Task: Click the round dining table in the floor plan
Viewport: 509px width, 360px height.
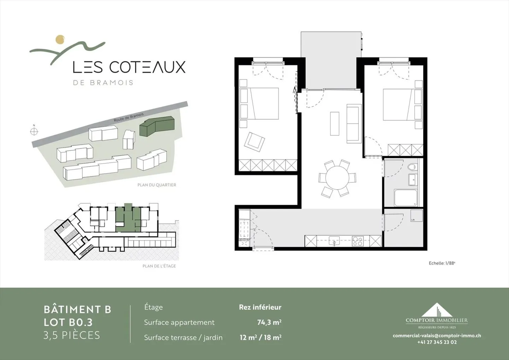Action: tap(337, 178)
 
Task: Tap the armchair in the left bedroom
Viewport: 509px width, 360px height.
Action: tap(255, 142)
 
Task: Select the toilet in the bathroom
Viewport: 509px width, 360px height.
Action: tap(412, 167)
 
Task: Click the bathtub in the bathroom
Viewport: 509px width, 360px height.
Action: tap(406, 198)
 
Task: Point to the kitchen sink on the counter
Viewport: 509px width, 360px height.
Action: tap(334, 241)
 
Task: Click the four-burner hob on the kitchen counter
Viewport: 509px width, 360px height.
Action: tap(357, 241)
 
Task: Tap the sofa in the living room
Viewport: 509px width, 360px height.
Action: tap(353, 124)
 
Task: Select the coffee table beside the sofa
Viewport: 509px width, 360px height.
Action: tap(334, 123)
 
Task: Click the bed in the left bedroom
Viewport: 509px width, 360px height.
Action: tap(263, 104)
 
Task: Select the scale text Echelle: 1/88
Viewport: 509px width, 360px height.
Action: tap(442, 263)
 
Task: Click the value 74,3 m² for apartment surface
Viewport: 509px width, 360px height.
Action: tap(269, 322)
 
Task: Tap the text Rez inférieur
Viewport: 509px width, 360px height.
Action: tap(260, 307)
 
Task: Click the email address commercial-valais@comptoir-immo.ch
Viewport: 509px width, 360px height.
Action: tap(437, 336)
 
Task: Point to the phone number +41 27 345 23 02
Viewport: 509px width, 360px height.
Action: tap(437, 342)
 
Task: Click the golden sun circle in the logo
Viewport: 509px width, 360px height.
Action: tap(60, 40)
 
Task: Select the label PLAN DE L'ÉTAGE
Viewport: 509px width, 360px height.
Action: tap(159, 266)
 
